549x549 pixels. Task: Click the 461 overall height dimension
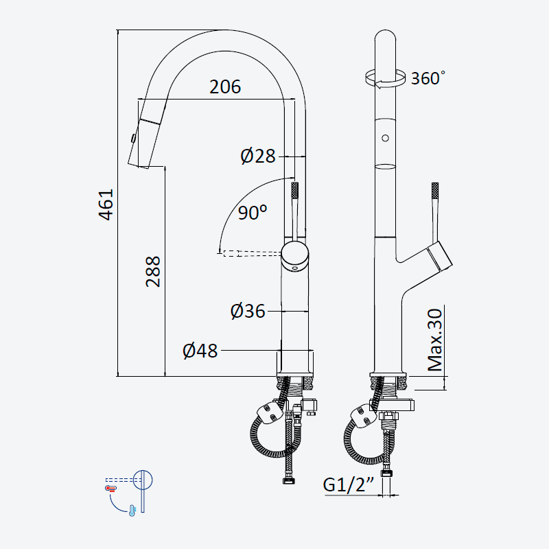point(106,205)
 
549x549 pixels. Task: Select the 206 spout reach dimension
point(225,87)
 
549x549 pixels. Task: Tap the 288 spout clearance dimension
point(153,272)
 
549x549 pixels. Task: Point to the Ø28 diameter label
point(258,156)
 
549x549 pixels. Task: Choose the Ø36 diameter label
point(248,311)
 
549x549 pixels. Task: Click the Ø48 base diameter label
point(200,351)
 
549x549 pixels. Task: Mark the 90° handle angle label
point(253,212)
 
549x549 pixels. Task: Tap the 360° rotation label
point(428,78)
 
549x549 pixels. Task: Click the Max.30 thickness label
point(435,340)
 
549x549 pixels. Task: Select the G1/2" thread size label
point(349,484)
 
